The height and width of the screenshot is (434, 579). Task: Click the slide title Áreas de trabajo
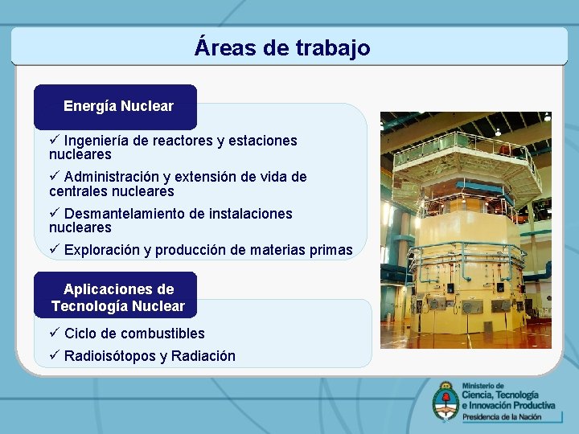(x=282, y=47)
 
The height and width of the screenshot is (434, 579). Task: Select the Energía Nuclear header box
(x=117, y=106)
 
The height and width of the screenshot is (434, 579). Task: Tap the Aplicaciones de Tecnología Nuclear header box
(x=117, y=297)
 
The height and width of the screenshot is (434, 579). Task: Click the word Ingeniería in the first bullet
(x=96, y=141)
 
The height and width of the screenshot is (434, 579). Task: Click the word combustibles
(x=163, y=334)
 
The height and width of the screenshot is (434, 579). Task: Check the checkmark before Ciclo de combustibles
(x=54, y=333)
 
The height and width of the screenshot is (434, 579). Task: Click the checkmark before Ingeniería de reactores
(x=54, y=140)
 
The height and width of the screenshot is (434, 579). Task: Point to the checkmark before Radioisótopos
(x=54, y=355)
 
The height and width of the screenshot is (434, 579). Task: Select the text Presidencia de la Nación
(x=507, y=417)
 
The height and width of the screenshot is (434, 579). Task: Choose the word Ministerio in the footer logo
(x=481, y=385)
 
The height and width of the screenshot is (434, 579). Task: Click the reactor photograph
(x=466, y=230)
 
